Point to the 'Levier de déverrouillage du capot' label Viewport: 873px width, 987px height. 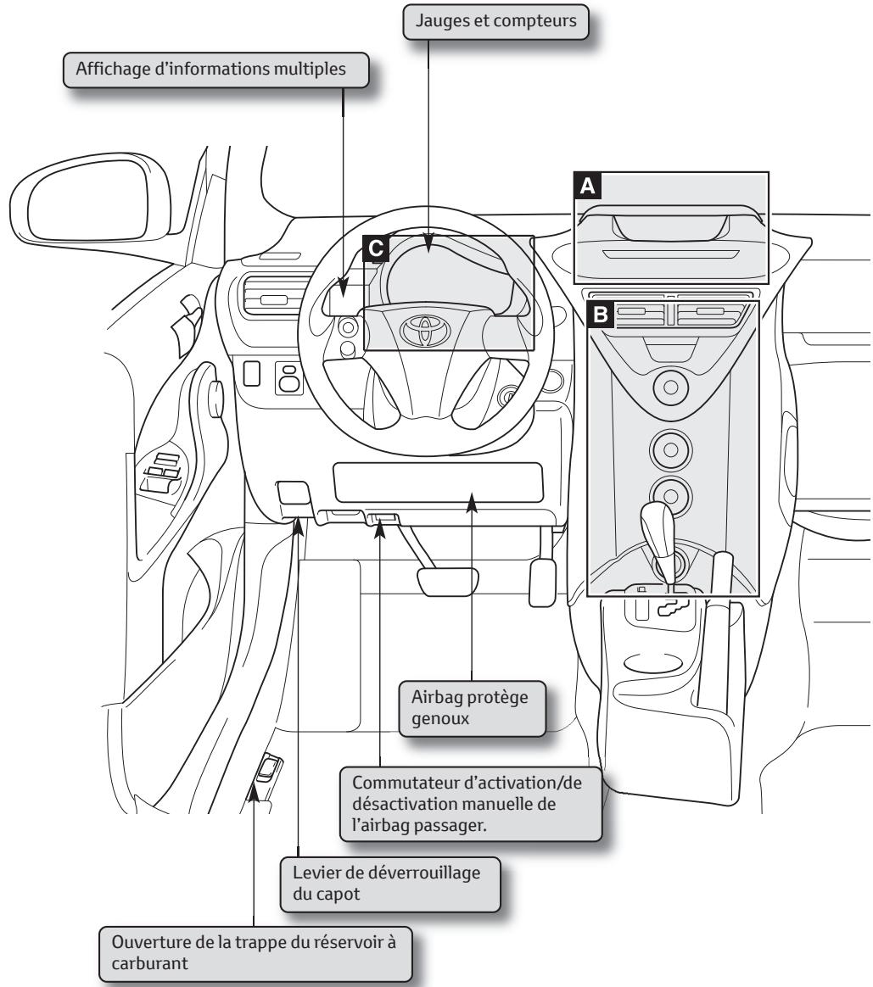tap(388, 883)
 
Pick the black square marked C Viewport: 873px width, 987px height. tap(375, 248)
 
